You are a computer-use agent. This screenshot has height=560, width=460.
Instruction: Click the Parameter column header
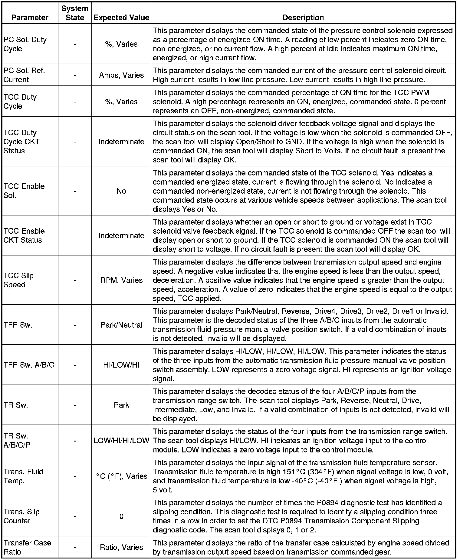[x=30, y=18]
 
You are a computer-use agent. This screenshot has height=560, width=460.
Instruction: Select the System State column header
[x=75, y=13]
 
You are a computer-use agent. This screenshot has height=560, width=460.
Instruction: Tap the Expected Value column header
[x=121, y=18]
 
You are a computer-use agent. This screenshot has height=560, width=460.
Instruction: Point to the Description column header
[x=303, y=18]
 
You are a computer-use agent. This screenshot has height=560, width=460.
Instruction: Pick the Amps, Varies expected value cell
[x=121, y=75]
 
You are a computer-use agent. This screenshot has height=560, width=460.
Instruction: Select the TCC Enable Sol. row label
[x=24, y=191]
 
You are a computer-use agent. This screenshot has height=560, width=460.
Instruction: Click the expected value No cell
[x=121, y=191]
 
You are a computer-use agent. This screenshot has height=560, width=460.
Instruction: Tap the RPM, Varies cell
[x=121, y=280]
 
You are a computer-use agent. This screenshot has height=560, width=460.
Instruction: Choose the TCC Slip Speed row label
[x=18, y=280]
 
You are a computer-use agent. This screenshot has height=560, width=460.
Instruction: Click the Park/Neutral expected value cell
[x=121, y=325]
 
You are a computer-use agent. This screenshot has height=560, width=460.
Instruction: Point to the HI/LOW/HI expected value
[x=121, y=365]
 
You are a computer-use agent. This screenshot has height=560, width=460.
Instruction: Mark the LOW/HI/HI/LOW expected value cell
[x=121, y=440]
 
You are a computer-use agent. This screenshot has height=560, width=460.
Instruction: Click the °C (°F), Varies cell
[x=121, y=476]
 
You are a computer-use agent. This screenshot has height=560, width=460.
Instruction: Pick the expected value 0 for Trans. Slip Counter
[x=121, y=516]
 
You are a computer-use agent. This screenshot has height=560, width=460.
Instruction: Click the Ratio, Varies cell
[x=121, y=547]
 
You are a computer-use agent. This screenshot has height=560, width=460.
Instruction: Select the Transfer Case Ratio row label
[x=27, y=547]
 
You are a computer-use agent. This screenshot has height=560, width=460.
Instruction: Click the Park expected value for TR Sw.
[x=121, y=405]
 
